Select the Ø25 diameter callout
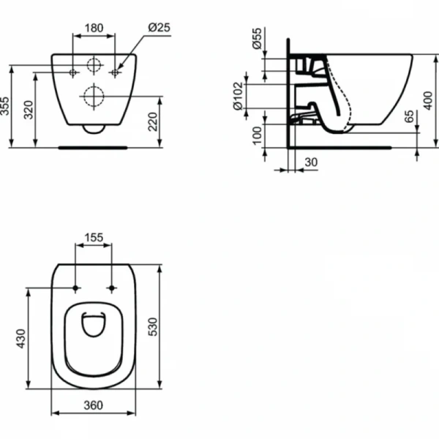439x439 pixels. [159, 27]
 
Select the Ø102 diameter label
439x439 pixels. [239, 94]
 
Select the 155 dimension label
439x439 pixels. [94, 238]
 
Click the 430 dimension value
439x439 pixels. [21, 337]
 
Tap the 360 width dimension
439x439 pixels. [93, 405]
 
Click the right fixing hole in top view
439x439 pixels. [112, 287]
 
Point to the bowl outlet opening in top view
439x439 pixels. [94, 324]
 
